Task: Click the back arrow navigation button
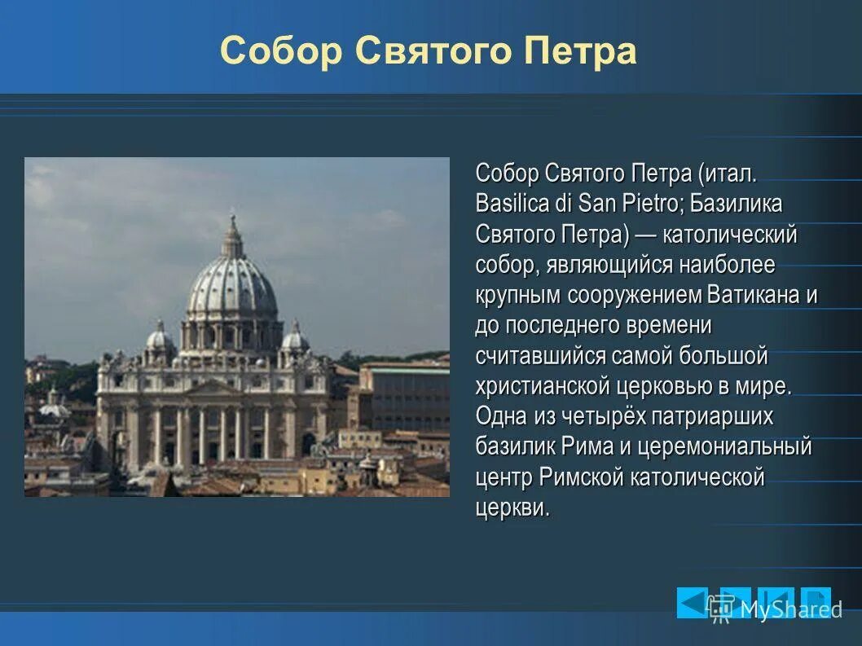pyautogui.click(x=692, y=603)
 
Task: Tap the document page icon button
pyautogui.click(x=815, y=603)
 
